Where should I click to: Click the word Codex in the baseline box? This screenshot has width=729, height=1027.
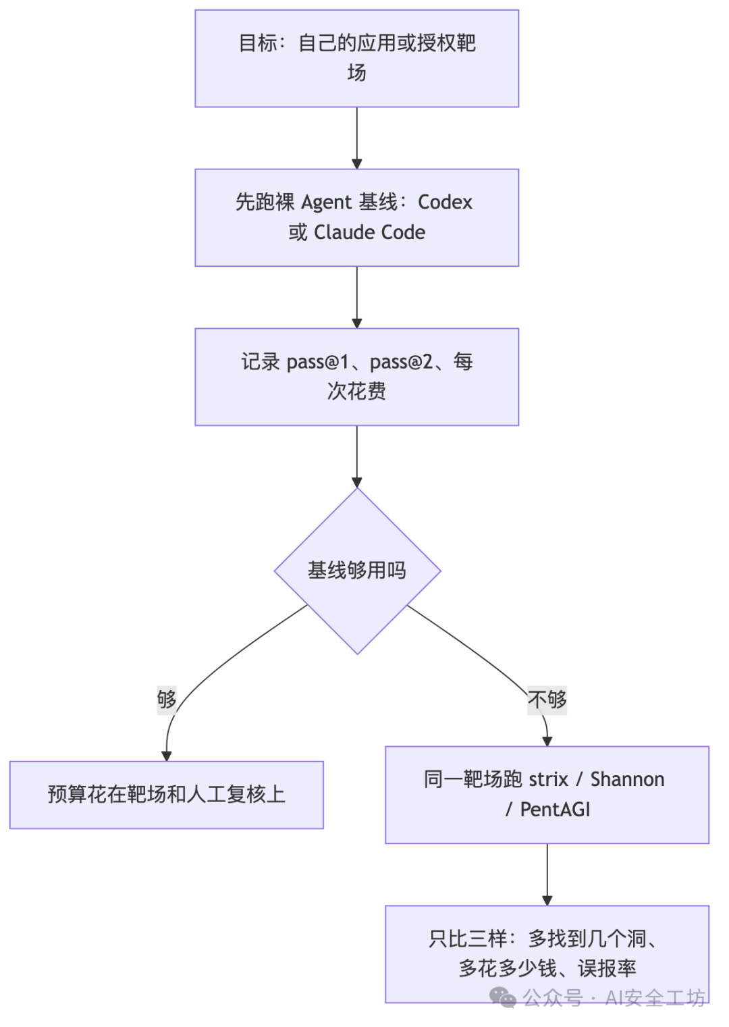pyautogui.click(x=444, y=202)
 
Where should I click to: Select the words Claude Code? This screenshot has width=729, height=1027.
pyautogui.click(x=369, y=232)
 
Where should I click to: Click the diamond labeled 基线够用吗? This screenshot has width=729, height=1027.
pyautogui.click(x=357, y=571)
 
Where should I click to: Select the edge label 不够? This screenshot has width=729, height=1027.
pyautogui.click(x=547, y=700)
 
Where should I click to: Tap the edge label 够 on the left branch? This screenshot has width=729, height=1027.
pyautogui.click(x=167, y=700)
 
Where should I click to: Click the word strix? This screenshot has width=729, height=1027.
pyautogui.click(x=549, y=779)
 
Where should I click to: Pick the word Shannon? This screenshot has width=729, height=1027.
pyautogui.click(x=627, y=779)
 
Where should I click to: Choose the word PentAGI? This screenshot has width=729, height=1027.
pyautogui.click(x=556, y=810)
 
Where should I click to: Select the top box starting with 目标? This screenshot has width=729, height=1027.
pyautogui.click(x=357, y=59)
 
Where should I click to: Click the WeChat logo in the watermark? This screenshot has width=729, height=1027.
pyautogui.click(x=503, y=998)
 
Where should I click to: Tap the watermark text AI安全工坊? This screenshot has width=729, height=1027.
pyautogui.click(x=655, y=998)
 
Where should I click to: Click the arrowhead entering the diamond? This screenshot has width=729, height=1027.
pyautogui.click(x=357, y=482)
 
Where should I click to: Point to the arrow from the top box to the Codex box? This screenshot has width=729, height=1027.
pyautogui.click(x=357, y=138)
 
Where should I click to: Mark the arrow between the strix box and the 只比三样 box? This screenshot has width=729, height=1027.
pyautogui.click(x=547, y=875)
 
